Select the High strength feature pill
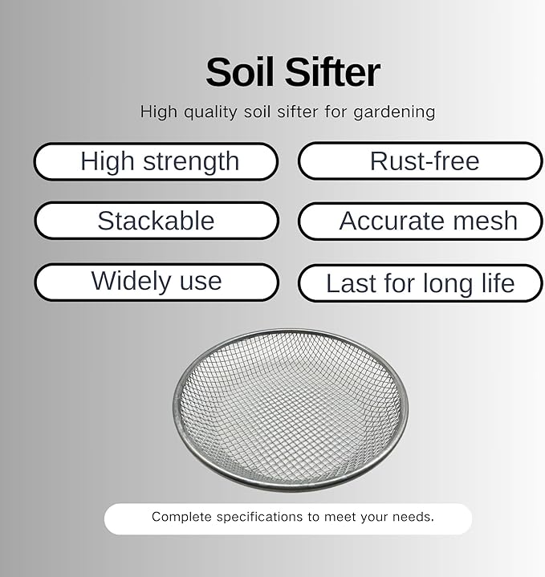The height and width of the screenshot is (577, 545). pos(156,161)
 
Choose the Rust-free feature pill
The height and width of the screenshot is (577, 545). pos(421,161)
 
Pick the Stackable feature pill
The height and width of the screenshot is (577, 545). pos(156,221)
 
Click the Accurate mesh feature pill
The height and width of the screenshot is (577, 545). pos(421,221)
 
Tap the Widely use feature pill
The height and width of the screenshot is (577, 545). pos(156,282)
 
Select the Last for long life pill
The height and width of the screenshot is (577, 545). pos(421,283)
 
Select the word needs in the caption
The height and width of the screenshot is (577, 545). pos(413,517)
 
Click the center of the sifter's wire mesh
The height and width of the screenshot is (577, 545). pos(290,408)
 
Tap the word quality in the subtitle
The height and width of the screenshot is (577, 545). pos(210,112)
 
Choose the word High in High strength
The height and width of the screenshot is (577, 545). pos(106,162)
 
